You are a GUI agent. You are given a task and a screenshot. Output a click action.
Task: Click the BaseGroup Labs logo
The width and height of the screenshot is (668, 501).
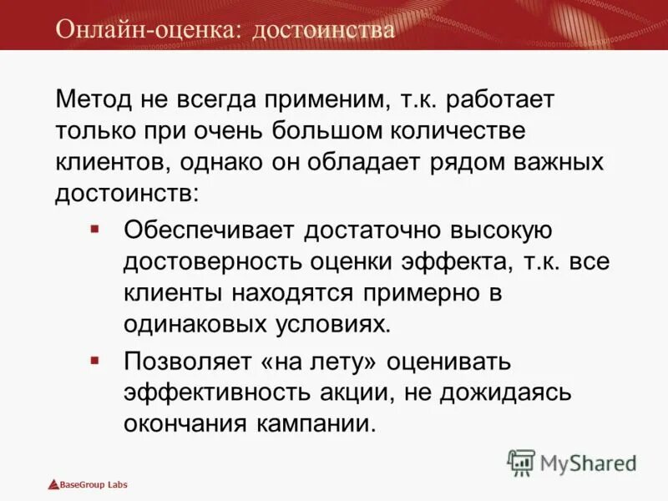point(88,484)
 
